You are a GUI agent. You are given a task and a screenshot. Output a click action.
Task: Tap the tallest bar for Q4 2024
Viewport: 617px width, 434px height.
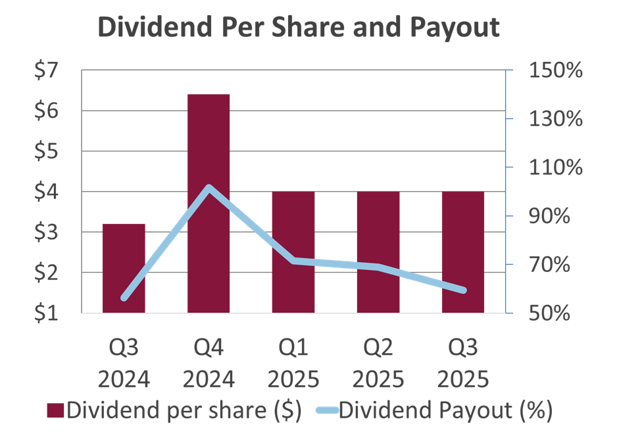(209, 203)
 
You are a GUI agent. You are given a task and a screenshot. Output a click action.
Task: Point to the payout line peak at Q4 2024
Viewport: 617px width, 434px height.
(209, 188)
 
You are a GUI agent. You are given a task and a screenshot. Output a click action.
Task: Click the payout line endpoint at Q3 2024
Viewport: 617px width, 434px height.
(124, 298)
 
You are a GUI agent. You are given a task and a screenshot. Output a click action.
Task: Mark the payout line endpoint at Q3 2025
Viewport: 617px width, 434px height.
(463, 290)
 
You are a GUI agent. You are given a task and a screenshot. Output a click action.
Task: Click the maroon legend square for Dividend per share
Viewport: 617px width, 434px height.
(56, 410)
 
